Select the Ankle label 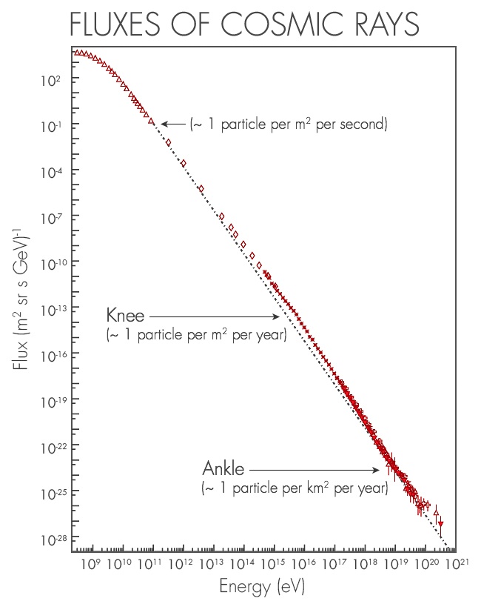point(223,470)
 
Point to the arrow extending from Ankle point(314,470)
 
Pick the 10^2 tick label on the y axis point(50,79)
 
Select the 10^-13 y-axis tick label point(47,308)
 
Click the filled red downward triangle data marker point(441,525)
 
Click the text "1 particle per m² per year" point(197,336)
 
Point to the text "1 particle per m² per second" point(289,124)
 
